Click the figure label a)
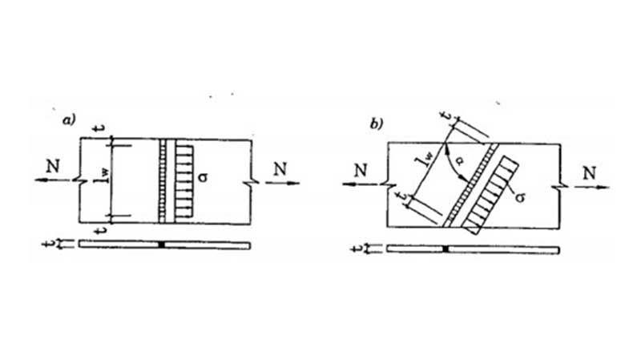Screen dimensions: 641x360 (x=69, y=121)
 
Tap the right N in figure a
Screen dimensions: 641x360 (x=278, y=168)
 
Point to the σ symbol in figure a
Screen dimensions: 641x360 (x=205, y=172)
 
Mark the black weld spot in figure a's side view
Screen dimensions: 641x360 (x=161, y=244)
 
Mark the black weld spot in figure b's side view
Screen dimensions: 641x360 (x=445, y=249)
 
